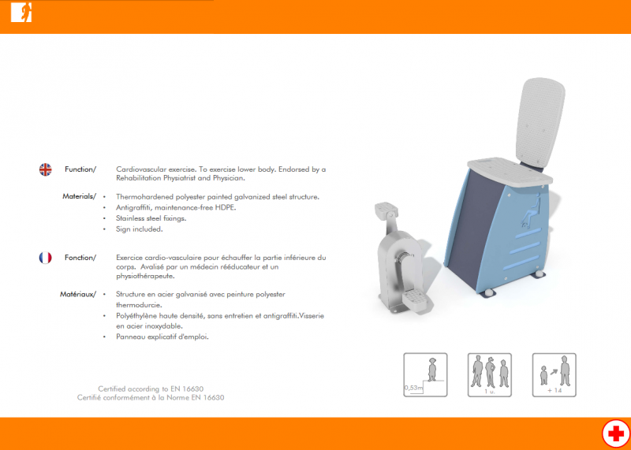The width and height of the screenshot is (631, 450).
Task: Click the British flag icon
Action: (x=46, y=169)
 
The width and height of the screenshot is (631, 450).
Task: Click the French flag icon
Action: (x=46, y=258)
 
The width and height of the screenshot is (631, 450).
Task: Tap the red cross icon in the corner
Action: (x=616, y=434)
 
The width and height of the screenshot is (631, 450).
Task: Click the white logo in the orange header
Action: (x=21, y=13)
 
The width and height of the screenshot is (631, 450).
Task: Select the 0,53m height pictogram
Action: (x=425, y=375)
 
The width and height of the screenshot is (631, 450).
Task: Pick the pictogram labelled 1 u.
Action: (x=489, y=375)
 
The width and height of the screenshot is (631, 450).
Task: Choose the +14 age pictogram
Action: (x=554, y=375)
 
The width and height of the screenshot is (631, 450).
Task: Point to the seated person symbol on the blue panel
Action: (x=531, y=210)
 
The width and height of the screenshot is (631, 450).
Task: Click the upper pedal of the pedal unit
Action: (x=386, y=209)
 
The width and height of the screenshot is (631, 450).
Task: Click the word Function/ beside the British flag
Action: (x=80, y=169)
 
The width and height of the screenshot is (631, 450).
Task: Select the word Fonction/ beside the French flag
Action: (x=80, y=258)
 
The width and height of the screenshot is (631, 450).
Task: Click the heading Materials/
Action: (x=80, y=196)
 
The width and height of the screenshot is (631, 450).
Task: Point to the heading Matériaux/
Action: (x=78, y=294)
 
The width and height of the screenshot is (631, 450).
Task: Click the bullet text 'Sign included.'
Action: (x=140, y=229)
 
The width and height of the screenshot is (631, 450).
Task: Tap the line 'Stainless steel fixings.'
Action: (x=151, y=218)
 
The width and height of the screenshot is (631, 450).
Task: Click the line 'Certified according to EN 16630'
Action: (x=151, y=389)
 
